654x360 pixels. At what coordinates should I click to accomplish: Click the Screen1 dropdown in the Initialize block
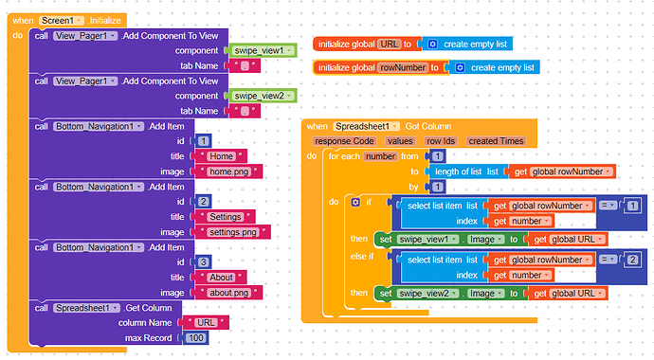63,20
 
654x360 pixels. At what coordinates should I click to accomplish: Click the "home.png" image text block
227,171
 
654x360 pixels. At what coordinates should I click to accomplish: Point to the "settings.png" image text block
231,231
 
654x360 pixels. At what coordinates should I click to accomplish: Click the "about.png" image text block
227,292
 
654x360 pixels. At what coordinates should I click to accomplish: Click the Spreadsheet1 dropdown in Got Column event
368,126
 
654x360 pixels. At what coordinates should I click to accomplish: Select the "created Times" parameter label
496,140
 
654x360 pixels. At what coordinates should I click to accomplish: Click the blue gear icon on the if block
355,202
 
